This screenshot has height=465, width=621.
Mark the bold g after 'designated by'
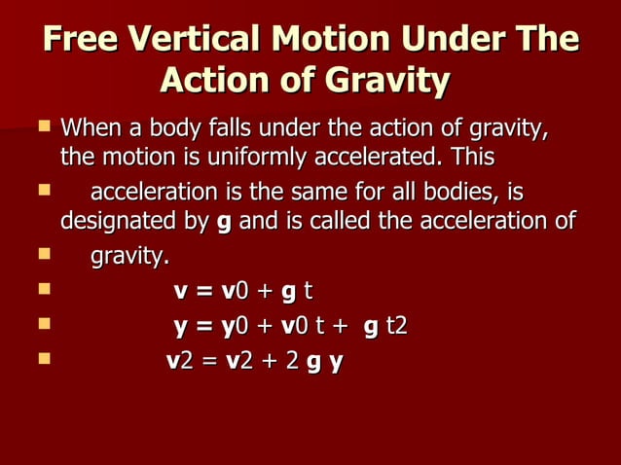(x=225, y=223)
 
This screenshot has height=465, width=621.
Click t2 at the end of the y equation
(x=397, y=325)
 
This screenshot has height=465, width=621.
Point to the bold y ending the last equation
(x=336, y=362)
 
